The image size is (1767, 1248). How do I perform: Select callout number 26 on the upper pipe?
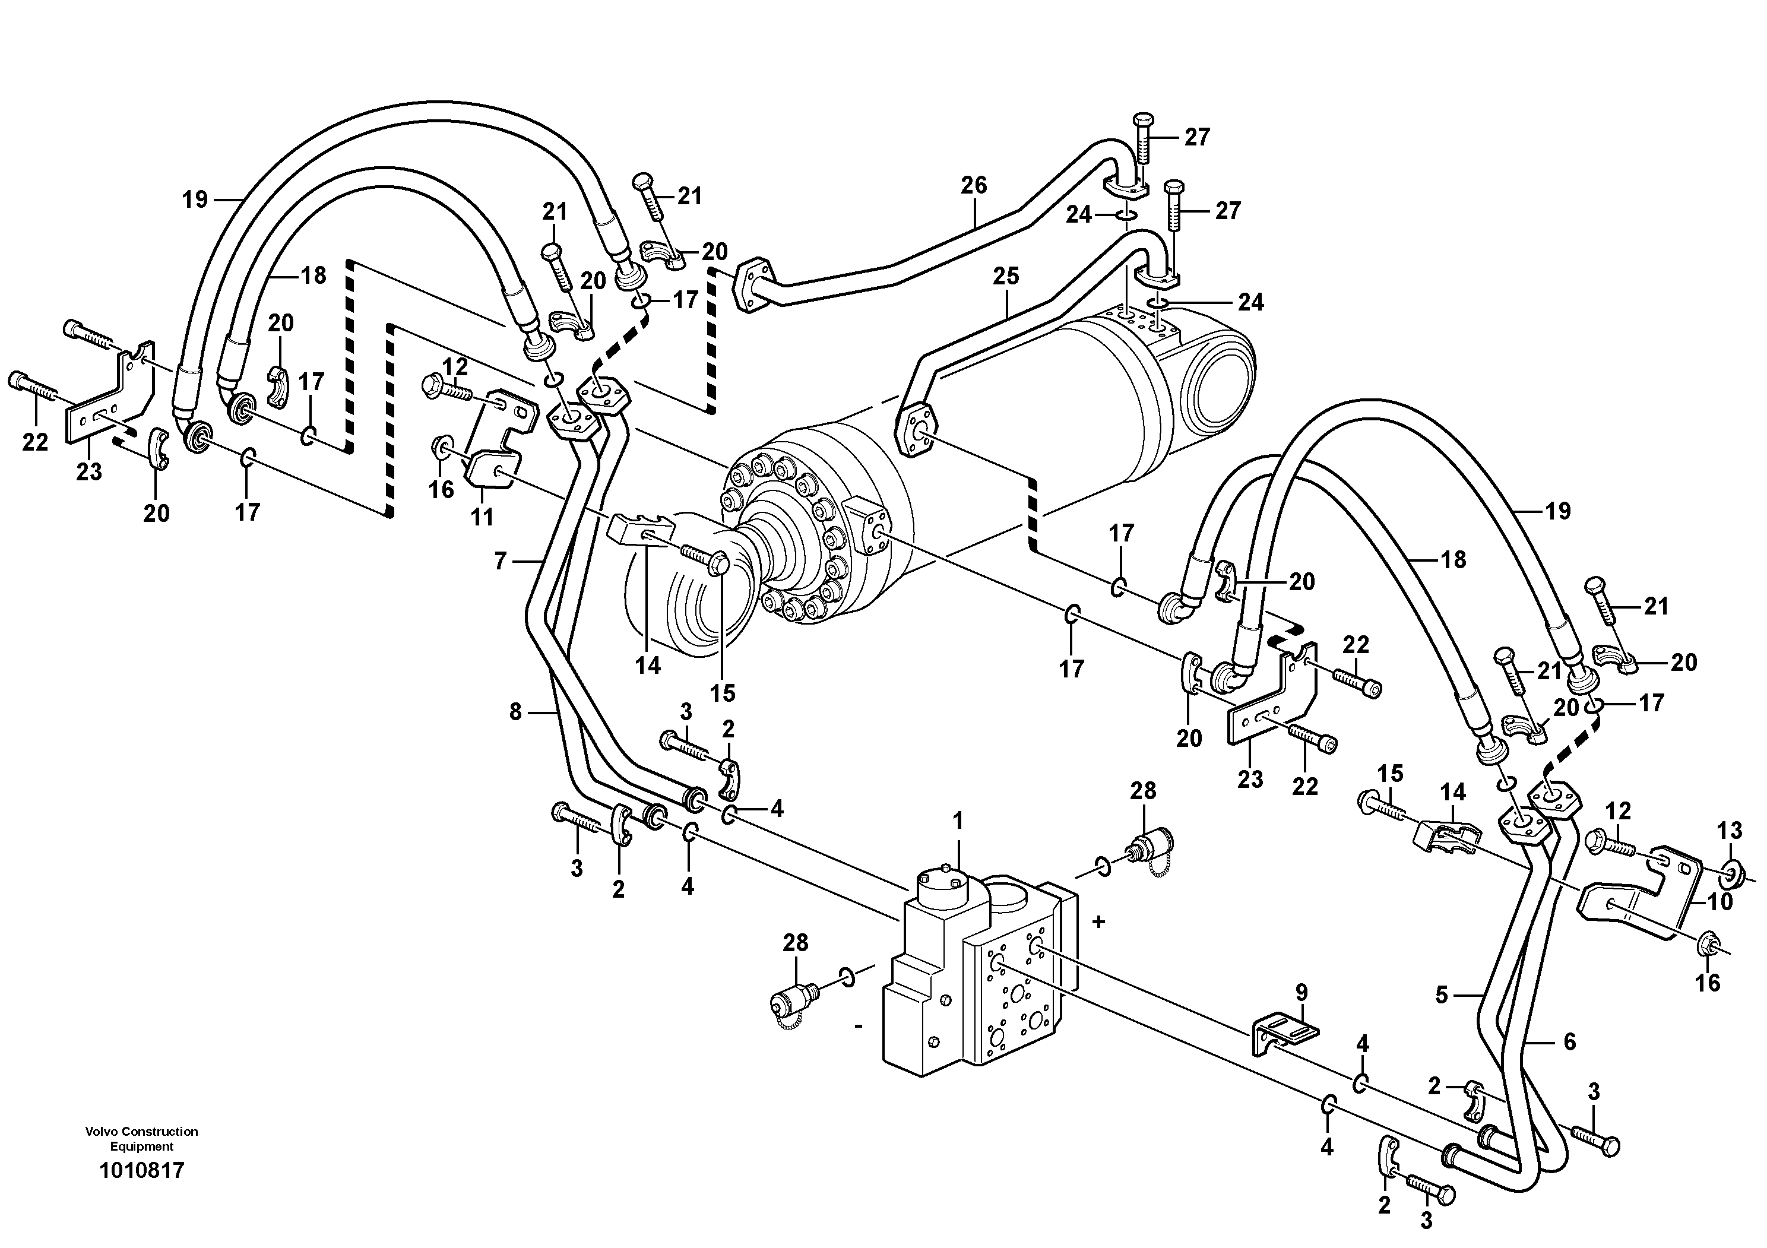(x=974, y=185)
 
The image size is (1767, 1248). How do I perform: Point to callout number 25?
(x=1006, y=276)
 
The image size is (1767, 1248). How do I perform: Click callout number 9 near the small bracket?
(x=1301, y=993)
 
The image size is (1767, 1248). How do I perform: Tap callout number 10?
(x=1720, y=901)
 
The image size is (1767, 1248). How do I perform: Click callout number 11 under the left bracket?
(x=483, y=518)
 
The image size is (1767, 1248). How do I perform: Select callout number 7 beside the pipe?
(x=501, y=562)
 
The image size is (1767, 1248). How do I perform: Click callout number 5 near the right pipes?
(x=1442, y=996)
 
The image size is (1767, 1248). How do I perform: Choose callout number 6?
(x=1570, y=1042)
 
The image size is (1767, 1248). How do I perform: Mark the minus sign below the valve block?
(x=858, y=1025)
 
